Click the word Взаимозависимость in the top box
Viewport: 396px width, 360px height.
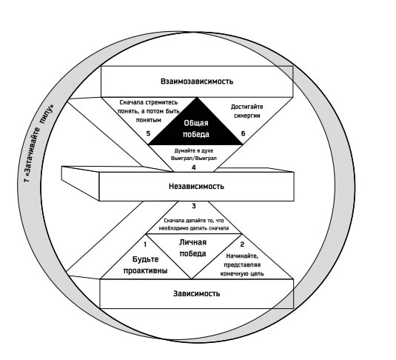(x=197, y=81)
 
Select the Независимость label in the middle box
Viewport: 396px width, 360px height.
(x=196, y=187)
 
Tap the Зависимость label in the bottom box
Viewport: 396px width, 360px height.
(x=196, y=293)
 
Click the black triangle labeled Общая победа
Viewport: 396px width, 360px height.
(x=195, y=127)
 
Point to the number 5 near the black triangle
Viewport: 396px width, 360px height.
(x=148, y=133)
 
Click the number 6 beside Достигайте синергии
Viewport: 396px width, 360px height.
(x=243, y=133)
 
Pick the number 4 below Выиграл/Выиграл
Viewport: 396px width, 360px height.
(x=194, y=167)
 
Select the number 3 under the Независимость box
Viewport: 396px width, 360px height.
(x=194, y=206)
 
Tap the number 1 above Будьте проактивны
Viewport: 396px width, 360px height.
(x=145, y=244)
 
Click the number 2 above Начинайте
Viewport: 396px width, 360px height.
(x=242, y=244)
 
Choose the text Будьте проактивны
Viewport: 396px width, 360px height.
(x=146, y=265)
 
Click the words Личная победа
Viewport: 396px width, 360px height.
(x=192, y=247)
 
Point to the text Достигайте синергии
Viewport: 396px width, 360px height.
(x=246, y=111)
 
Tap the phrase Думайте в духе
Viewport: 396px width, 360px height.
(x=194, y=150)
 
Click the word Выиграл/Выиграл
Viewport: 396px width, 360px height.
(x=194, y=159)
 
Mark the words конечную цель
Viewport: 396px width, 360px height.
(x=242, y=273)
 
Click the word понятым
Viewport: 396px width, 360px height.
(x=149, y=120)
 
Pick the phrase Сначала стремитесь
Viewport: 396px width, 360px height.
(x=149, y=102)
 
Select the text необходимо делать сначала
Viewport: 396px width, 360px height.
(x=194, y=228)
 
